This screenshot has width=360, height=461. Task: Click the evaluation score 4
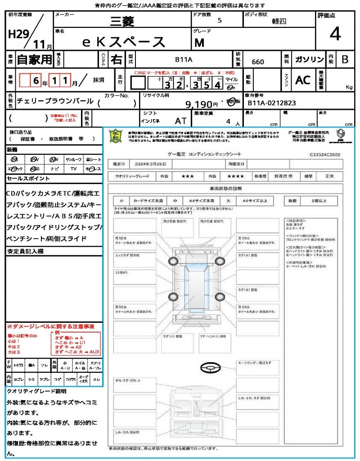click(x=334, y=35)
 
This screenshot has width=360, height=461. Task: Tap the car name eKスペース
click(x=124, y=42)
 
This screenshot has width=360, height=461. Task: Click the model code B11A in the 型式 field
click(x=184, y=59)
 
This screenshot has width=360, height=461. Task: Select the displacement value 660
click(x=258, y=62)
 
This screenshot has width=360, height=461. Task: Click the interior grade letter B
click(x=345, y=59)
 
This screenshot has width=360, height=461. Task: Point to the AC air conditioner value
click(x=302, y=80)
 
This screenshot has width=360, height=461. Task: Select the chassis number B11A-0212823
click(x=272, y=103)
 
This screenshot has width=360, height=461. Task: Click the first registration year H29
click(x=18, y=34)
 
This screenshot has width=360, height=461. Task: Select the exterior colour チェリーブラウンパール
click(x=55, y=101)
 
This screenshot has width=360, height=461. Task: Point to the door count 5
click(x=219, y=20)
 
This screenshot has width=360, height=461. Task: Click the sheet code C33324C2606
click(x=324, y=154)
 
